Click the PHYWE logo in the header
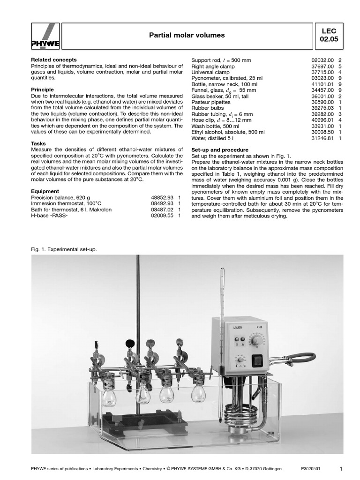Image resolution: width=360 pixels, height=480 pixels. pyautogui.click(x=45, y=36)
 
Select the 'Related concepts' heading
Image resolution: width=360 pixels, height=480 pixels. pyautogui.click(x=53, y=60)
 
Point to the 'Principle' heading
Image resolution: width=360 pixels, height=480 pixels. pyautogui.click(x=42, y=89)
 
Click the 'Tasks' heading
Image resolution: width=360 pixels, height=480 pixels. pyautogui.click(x=38, y=143)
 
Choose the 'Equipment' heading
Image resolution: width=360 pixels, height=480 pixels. pyautogui.click(x=45, y=191)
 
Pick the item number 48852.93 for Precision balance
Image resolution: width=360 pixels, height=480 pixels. pyautogui.click(x=161, y=198)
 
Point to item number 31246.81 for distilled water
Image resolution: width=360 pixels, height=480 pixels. pyautogui.click(x=322, y=138)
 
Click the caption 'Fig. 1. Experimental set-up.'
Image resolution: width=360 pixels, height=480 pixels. pyautogui.click(x=63, y=249)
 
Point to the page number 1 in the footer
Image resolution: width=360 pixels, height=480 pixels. pyautogui.click(x=341, y=468)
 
